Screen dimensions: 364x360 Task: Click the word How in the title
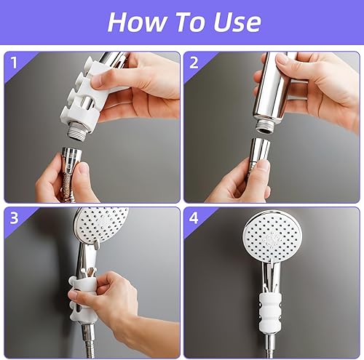137,22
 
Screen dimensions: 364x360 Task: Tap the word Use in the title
237,22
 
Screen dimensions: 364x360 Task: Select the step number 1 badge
14,63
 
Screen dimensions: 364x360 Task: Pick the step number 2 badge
194,63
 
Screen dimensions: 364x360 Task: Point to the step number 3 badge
14,217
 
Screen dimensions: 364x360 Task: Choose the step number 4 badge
194,218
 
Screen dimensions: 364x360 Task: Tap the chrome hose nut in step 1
72,158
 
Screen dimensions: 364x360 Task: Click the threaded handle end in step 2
266,127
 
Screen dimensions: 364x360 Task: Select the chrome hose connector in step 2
259,151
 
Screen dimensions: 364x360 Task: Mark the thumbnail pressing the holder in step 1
98,81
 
